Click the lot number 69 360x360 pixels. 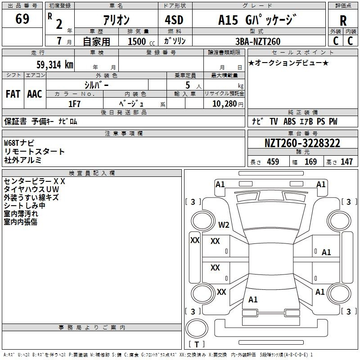coord(22,18)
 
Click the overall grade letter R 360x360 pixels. coord(343,21)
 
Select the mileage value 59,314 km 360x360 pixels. coord(55,65)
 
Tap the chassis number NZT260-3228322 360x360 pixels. coord(302,143)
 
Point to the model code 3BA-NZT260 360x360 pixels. coord(258,41)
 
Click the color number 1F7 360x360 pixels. coord(74,104)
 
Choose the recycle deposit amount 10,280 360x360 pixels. coord(225,103)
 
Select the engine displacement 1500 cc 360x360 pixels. coord(141,41)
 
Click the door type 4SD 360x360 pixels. coord(174,20)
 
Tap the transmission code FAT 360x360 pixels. coord(13,94)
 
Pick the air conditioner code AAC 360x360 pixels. coord(35,94)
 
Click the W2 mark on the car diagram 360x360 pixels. coord(224,225)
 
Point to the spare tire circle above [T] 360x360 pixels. coord(197,328)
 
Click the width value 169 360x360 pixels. coord(310,162)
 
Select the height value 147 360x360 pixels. coord(346,162)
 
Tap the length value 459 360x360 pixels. coord(273,162)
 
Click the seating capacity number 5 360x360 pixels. coord(188,85)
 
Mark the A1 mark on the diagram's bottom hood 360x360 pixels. coord(253,299)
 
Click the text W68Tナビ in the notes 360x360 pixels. coord(19,143)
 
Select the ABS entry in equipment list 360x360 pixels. coord(289,121)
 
